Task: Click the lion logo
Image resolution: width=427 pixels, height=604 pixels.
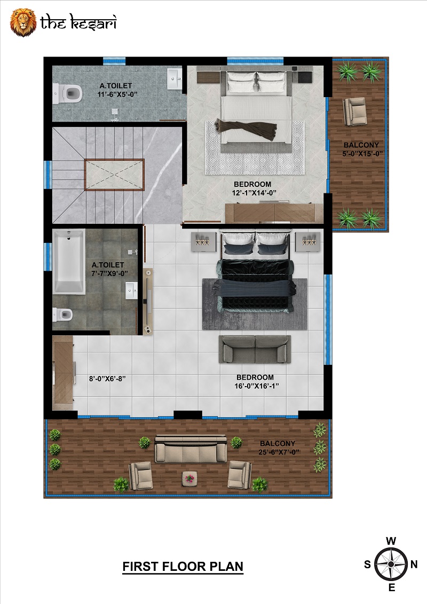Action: [x=23, y=22]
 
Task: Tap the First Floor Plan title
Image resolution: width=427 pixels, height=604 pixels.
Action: [x=183, y=566]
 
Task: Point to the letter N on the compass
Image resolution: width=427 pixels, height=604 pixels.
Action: [x=414, y=564]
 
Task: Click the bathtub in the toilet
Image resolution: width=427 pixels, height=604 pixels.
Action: [x=69, y=262]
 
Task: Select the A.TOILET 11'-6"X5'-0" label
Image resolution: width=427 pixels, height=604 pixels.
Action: [x=116, y=90]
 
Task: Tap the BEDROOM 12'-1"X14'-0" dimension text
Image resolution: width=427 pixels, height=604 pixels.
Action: [x=254, y=189]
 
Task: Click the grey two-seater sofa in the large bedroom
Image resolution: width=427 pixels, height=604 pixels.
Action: [x=255, y=349]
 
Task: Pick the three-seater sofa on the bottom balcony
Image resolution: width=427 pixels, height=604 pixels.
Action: [x=191, y=449]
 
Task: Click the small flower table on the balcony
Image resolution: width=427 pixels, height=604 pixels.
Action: [x=189, y=479]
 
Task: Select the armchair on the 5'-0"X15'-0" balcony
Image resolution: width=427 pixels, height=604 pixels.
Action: [x=354, y=111]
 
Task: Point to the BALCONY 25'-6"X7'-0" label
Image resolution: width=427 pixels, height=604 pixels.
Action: [x=279, y=448]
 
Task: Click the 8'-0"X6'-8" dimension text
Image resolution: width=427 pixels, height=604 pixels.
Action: [x=107, y=379]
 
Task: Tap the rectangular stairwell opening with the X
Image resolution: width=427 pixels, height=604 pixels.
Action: [x=114, y=175]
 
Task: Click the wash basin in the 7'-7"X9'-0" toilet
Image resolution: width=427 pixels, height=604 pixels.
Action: [x=131, y=291]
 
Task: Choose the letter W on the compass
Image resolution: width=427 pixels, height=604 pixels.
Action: [x=391, y=541]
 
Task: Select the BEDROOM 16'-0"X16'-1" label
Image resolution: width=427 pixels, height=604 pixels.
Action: [x=256, y=381]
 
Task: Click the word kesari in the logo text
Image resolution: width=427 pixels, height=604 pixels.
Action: [x=93, y=23]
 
